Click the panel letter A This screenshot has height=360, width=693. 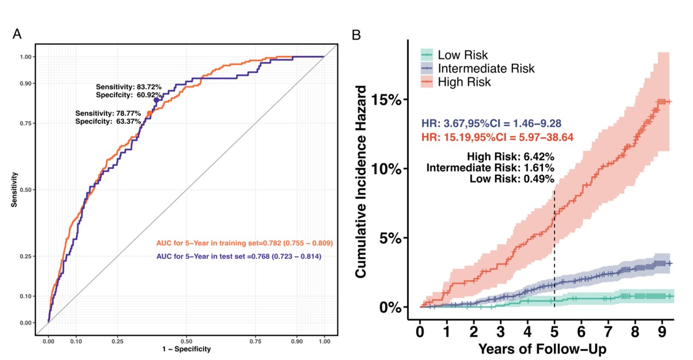point(17,34)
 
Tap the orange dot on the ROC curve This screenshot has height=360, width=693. point(150,113)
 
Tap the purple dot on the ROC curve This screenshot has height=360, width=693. point(156,100)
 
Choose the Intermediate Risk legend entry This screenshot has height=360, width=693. point(486,69)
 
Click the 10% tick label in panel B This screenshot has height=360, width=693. point(387,169)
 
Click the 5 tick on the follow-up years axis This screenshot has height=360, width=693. point(554,332)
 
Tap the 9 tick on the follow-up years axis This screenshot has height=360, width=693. point(662,332)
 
